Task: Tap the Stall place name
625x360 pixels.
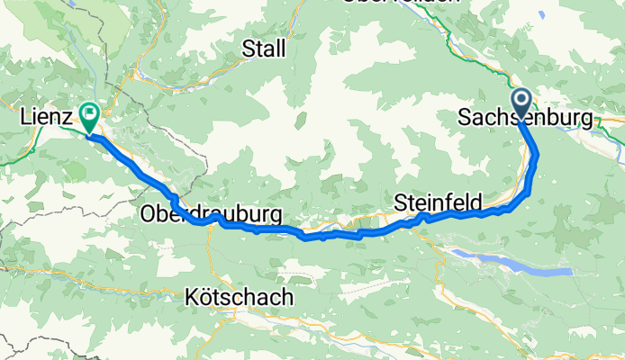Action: click(264, 48)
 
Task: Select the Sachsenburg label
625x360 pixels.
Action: click(526, 118)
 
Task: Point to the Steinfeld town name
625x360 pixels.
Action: click(439, 202)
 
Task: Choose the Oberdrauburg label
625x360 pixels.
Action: click(210, 214)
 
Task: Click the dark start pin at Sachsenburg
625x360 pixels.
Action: click(521, 101)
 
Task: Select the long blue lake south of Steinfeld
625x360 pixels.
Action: click(513, 263)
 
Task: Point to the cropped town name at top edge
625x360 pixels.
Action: click(399, 3)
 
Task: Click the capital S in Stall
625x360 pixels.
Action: click(248, 48)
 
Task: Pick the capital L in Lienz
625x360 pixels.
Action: click(25, 116)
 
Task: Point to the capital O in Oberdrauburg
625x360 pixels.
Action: click(148, 214)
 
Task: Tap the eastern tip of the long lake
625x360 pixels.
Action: click(570, 270)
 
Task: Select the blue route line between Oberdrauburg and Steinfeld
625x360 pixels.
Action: click(333, 235)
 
